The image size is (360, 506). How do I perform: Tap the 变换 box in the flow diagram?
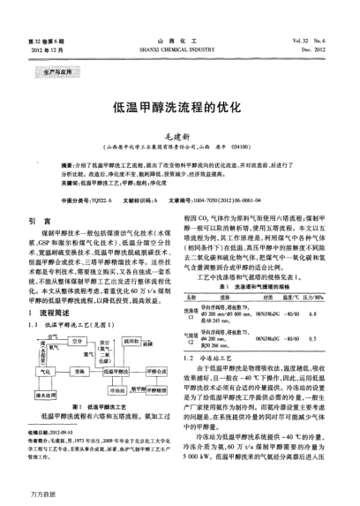pos(80,348)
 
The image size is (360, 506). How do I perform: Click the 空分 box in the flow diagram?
pos(78,315)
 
